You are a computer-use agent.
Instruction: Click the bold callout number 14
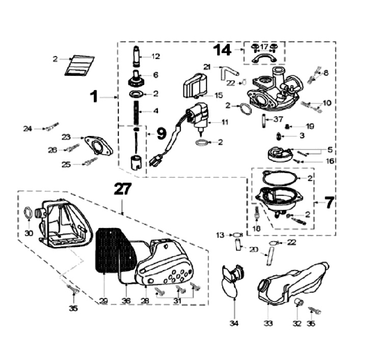tap(222, 50)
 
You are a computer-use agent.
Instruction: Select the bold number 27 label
tap(122, 189)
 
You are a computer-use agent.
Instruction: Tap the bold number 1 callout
tap(93, 96)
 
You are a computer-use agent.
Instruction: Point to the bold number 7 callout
tap(330, 202)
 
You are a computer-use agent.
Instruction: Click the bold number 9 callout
tap(161, 134)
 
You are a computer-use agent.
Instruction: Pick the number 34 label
tap(234, 323)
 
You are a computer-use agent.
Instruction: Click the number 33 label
tap(268, 323)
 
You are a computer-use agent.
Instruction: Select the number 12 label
tap(155, 56)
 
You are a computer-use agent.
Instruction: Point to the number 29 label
tap(104, 301)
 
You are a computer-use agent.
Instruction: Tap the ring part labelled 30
tap(30, 214)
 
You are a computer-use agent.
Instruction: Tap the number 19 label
tap(310, 126)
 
